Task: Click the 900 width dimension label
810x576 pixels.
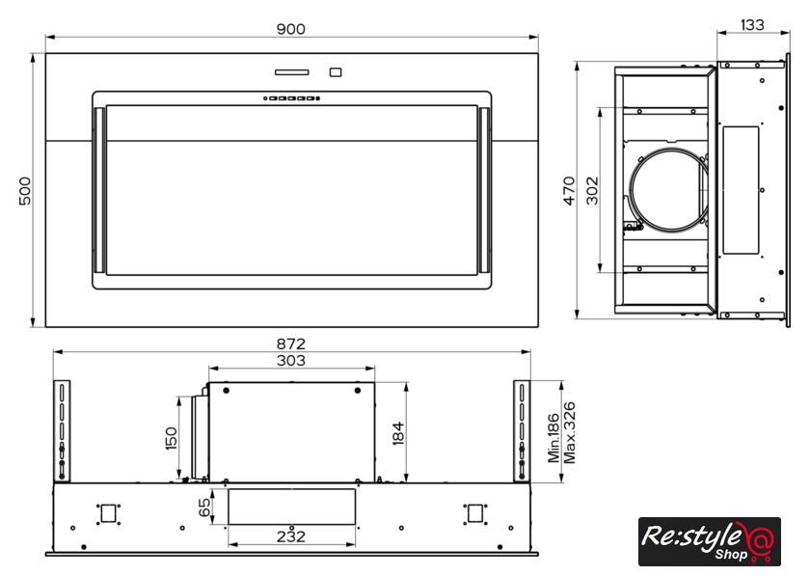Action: pyautogui.click(x=291, y=29)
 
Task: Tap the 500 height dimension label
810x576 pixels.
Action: pyautogui.click(x=25, y=191)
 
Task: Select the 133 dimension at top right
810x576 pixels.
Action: pyautogui.click(x=752, y=25)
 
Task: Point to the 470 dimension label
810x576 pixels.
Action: pyautogui.click(x=569, y=191)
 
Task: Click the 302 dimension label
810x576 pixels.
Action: pyautogui.click(x=592, y=191)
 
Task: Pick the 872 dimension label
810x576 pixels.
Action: pyautogui.click(x=291, y=343)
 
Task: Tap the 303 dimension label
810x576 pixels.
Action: pyautogui.click(x=291, y=361)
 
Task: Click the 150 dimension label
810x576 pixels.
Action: pyautogui.click(x=171, y=438)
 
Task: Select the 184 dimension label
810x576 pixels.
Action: pyautogui.click(x=398, y=433)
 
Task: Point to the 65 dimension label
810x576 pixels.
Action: pyautogui.click(x=204, y=507)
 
